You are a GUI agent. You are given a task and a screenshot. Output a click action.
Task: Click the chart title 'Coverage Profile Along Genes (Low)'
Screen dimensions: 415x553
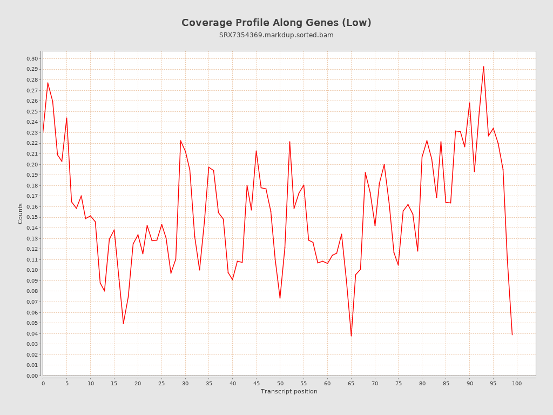pyautogui.click(x=276, y=23)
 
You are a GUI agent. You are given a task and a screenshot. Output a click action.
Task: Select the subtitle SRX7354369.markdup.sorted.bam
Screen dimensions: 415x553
pyautogui.click(x=276, y=35)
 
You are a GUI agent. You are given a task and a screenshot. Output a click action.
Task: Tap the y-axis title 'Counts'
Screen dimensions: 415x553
pyautogui.click(x=21, y=213)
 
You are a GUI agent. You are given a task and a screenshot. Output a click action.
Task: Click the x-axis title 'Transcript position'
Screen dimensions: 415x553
pyautogui.click(x=289, y=391)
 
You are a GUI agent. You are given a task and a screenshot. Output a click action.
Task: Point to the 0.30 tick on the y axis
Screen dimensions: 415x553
pyautogui.click(x=32, y=59)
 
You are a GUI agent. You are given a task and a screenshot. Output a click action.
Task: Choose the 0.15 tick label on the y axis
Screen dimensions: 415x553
pyautogui.click(x=32, y=217)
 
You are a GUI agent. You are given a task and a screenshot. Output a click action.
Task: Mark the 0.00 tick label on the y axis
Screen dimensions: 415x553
pyautogui.click(x=32, y=376)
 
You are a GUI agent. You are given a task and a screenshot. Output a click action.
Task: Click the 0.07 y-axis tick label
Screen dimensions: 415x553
pyautogui.click(x=32, y=302)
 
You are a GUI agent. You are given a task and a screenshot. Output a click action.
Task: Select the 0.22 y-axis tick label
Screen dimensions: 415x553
pyautogui.click(x=32, y=143)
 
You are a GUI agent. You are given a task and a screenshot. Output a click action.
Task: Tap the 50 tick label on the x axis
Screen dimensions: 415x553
pyautogui.click(x=280, y=383)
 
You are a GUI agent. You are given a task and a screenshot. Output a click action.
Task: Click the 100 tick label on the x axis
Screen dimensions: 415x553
pyautogui.click(x=517, y=383)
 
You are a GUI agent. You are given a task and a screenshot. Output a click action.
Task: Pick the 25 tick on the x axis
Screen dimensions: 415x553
pyautogui.click(x=161, y=383)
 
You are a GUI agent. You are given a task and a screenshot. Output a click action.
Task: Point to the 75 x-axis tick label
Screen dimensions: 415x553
pyautogui.click(x=399, y=383)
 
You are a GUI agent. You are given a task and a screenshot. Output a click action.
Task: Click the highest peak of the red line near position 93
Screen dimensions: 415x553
pyautogui.click(x=483, y=66)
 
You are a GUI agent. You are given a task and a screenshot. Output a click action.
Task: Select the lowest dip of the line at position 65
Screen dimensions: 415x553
pyautogui.click(x=351, y=336)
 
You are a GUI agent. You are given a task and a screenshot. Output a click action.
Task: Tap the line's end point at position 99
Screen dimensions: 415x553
pyautogui.click(x=512, y=334)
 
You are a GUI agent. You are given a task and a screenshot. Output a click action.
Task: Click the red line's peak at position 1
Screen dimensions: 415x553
pyautogui.click(x=48, y=83)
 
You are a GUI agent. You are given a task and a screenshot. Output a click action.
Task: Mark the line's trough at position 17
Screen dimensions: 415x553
pyautogui.click(x=123, y=323)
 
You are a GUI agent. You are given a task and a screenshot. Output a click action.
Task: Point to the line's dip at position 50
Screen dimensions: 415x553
pyautogui.click(x=280, y=298)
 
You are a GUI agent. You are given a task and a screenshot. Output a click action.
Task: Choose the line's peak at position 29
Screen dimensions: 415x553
pyautogui.click(x=180, y=140)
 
